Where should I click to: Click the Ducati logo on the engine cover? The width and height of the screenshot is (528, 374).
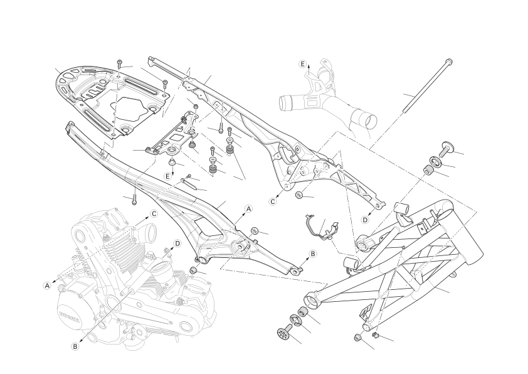click(70, 316)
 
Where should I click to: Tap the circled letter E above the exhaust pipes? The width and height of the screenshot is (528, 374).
click(302, 64)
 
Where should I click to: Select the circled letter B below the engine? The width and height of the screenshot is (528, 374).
click(75, 346)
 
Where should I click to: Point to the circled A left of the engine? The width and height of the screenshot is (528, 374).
click(48, 286)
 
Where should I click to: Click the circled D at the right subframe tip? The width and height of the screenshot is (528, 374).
click(366, 220)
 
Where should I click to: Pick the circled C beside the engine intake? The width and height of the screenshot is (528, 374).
click(154, 213)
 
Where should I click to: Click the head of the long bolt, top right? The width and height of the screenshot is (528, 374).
click(448, 62)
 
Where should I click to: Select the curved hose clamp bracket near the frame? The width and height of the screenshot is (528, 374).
click(321, 227)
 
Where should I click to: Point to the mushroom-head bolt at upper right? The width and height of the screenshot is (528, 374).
click(445, 147)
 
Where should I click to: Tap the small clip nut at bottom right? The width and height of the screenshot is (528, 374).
click(375, 335)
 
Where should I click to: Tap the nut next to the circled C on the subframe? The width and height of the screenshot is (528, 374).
click(298, 195)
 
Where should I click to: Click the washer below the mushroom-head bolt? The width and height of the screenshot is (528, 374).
click(435, 161)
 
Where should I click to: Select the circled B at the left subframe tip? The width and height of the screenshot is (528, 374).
click(312, 254)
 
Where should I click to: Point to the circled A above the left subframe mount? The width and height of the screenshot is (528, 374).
click(248, 209)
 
